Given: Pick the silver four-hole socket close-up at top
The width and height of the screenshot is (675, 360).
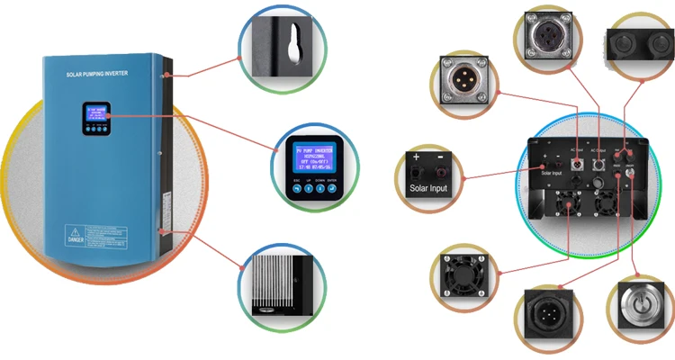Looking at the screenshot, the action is pyautogui.click(x=547, y=41).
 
